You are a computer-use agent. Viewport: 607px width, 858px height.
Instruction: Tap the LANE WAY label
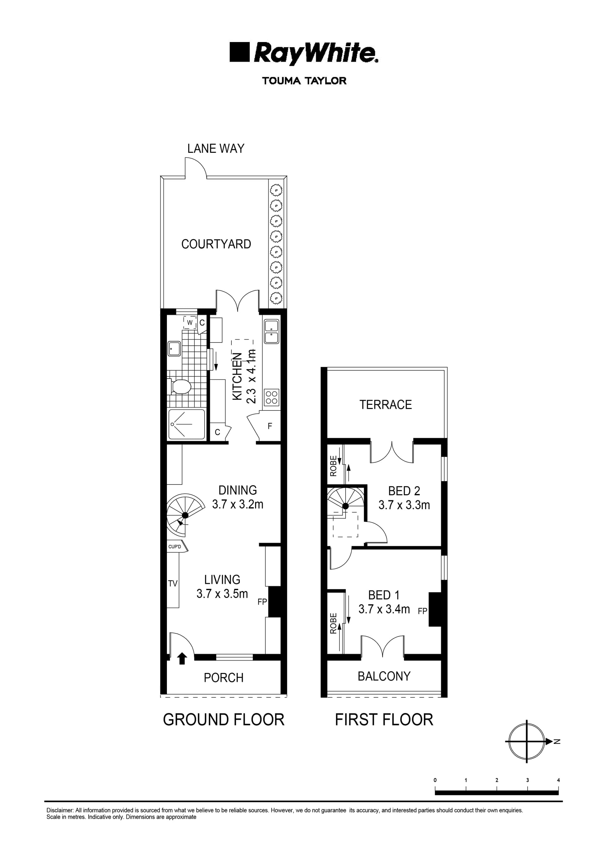point(216,149)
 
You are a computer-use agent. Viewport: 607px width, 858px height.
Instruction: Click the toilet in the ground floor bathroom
point(181,386)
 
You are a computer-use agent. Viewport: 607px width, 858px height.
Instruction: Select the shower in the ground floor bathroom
point(187,424)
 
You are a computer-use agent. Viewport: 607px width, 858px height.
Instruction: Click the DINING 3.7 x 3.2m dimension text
point(238,504)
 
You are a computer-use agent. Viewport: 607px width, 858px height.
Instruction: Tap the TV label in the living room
point(173,583)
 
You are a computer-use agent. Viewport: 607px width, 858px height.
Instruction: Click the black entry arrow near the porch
point(182,658)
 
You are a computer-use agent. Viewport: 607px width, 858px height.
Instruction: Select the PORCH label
point(224,678)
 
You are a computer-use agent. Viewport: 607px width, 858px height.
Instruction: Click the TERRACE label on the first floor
point(385,404)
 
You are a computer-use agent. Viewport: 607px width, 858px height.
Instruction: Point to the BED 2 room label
point(404,491)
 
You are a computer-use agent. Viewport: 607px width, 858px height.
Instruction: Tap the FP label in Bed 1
point(422,611)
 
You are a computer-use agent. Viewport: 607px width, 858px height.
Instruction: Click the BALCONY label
point(384,676)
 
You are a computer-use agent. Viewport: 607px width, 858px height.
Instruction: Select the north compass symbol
point(527,741)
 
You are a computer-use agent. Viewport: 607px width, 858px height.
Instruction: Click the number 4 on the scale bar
point(558,780)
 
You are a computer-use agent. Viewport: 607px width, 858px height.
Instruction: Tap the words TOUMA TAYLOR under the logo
point(304,81)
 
